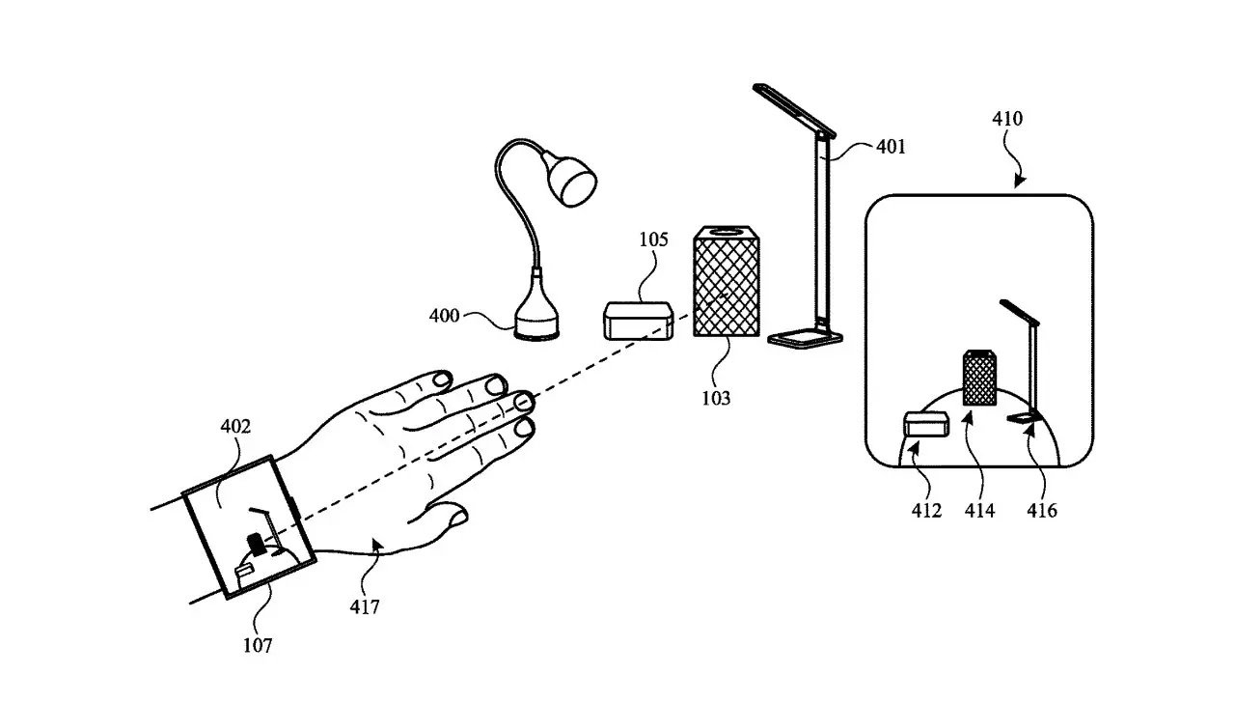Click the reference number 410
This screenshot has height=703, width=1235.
(1007, 120)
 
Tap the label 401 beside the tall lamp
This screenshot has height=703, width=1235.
(891, 147)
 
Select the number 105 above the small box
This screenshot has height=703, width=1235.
(653, 239)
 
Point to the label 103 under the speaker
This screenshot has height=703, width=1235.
(716, 397)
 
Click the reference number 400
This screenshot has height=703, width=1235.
(445, 315)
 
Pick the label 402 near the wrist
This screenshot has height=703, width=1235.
(235, 426)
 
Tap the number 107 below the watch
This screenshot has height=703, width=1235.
(257, 645)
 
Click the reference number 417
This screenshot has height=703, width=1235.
(365, 606)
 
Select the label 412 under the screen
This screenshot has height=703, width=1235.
(925, 510)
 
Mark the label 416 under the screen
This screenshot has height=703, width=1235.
(1042, 510)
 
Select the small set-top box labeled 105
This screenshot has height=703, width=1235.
(639, 321)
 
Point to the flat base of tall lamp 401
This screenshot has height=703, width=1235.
(806, 337)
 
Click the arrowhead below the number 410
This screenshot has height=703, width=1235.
(1021, 181)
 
